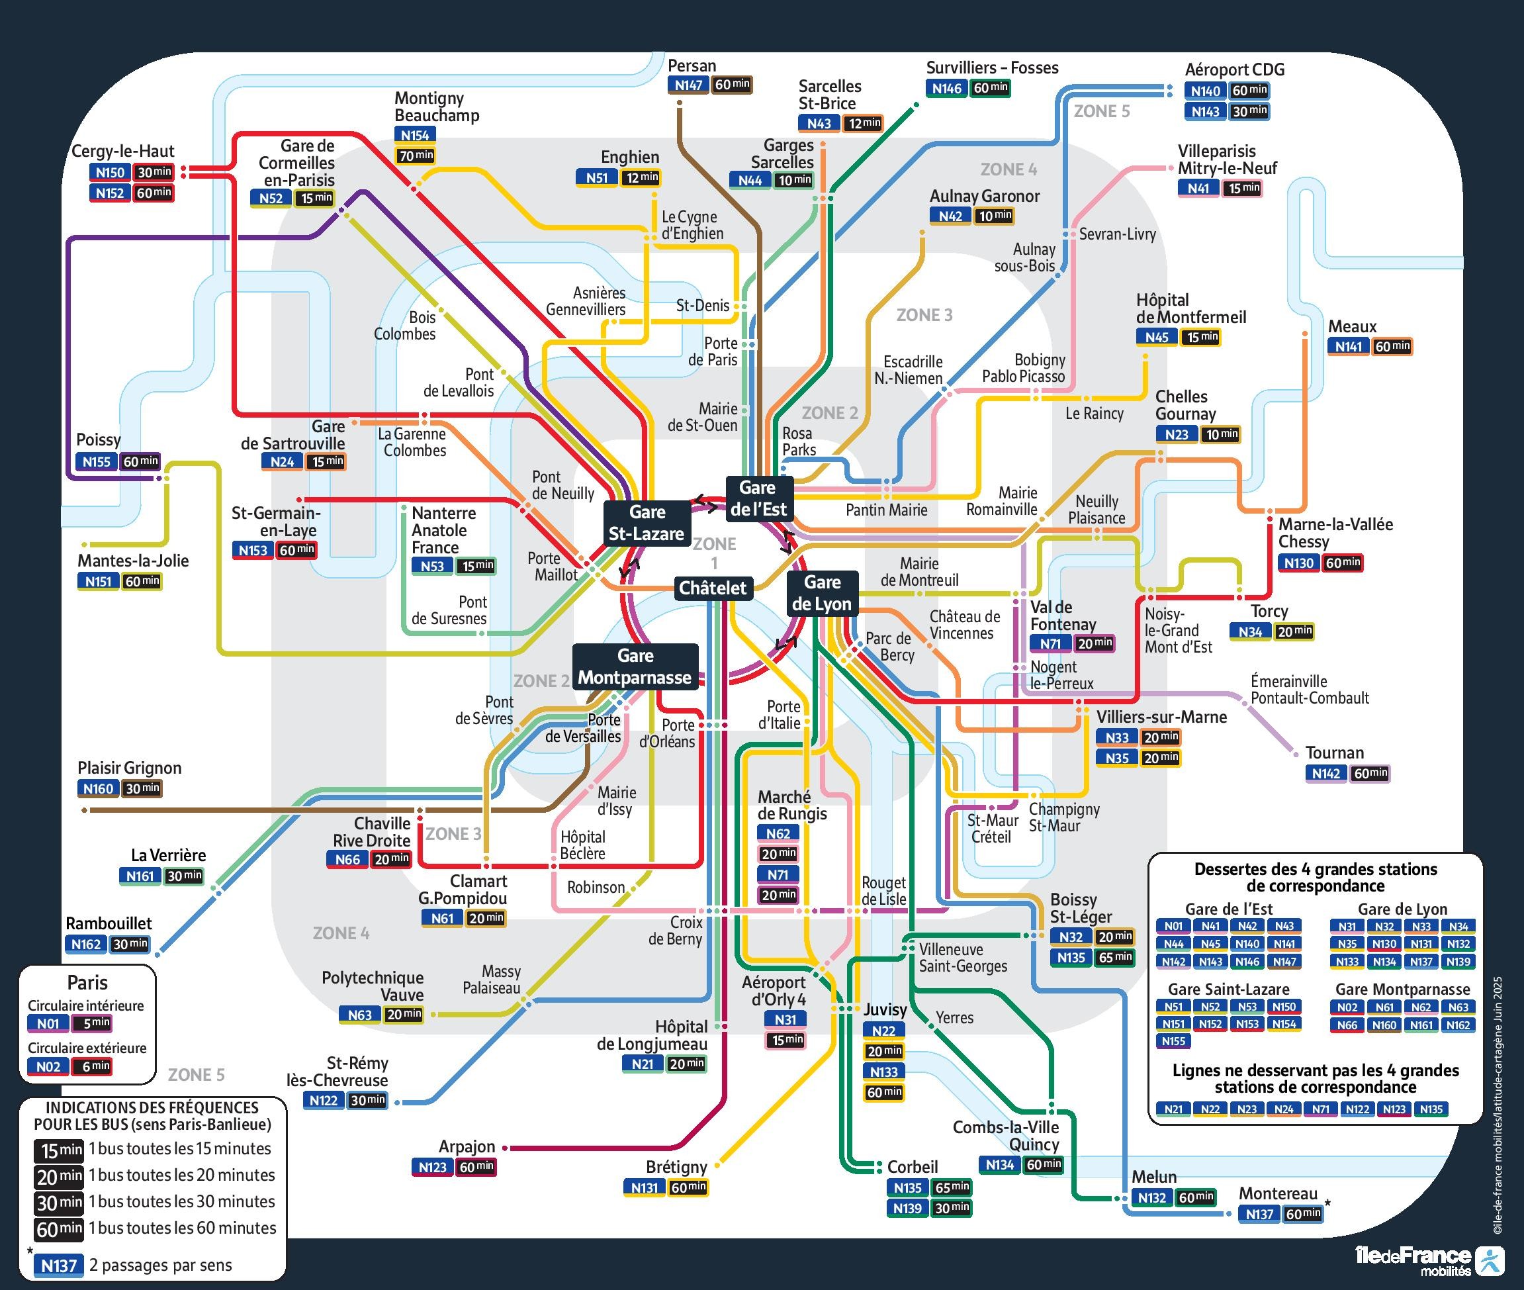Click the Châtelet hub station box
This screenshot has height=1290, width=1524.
712,588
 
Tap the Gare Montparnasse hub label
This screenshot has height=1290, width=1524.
635,667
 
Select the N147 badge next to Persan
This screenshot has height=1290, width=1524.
688,85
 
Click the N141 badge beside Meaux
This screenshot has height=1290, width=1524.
1349,347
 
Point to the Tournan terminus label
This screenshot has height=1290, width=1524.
1335,753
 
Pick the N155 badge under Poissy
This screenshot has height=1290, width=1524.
97,461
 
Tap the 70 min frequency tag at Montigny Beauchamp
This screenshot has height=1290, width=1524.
416,156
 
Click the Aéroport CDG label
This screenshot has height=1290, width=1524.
1234,69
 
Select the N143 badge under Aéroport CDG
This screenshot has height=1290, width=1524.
1205,111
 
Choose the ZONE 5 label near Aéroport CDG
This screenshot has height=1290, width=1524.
1101,111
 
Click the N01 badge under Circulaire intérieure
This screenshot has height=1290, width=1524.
48,1024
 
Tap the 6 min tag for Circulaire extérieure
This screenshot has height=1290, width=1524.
92,1066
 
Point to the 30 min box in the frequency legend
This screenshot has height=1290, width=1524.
60,1202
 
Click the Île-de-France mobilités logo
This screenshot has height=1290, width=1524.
1429,1260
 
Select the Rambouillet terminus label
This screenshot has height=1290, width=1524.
109,923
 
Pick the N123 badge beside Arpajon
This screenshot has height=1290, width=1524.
432,1167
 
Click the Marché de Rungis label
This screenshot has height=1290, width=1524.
792,805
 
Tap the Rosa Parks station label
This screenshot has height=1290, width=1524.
799,441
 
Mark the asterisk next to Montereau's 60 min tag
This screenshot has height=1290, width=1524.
1327,1204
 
